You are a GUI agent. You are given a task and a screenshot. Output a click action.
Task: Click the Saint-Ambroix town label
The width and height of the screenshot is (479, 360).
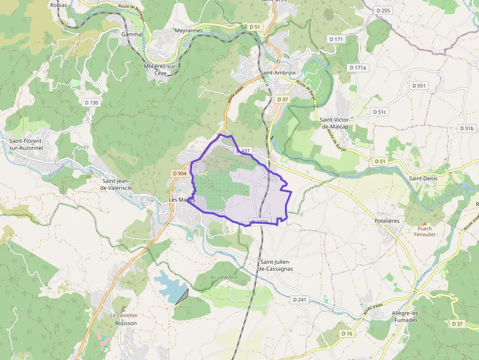pos(278,73)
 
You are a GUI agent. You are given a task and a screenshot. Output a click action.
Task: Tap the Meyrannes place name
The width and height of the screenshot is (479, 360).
pos(188,30)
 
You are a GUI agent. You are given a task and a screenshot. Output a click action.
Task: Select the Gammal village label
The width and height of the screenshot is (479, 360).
pos(132,35)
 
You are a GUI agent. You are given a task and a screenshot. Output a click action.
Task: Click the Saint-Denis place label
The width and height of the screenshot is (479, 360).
pos(423,178)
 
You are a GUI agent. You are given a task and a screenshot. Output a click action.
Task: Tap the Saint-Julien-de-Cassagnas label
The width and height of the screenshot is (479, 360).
pos(276,265)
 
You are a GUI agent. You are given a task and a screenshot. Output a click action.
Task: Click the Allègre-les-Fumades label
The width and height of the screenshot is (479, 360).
pos(405,317)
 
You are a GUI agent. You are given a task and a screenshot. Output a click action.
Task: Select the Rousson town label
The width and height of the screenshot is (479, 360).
pos(126,323)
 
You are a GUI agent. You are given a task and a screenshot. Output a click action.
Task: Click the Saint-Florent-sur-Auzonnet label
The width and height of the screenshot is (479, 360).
pos(26,144)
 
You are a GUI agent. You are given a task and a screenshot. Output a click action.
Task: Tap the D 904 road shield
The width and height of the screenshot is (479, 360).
pos(179,173)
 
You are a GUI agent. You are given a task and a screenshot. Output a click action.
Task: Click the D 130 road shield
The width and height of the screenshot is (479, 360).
pos(91,103)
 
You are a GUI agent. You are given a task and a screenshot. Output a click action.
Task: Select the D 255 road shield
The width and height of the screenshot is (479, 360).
pos(384,10)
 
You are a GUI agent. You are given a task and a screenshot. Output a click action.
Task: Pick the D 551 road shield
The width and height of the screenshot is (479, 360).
pos(419,85)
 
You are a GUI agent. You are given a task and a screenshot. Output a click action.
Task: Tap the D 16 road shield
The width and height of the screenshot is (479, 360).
pos(347,333)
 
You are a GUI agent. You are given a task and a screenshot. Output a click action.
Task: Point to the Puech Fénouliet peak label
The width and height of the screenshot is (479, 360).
pos(425,232)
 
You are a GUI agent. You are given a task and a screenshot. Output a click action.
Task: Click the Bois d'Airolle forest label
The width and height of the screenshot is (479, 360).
pos(224,277)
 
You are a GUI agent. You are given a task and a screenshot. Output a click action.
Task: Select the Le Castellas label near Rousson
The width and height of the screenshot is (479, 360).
pos(124,316)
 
